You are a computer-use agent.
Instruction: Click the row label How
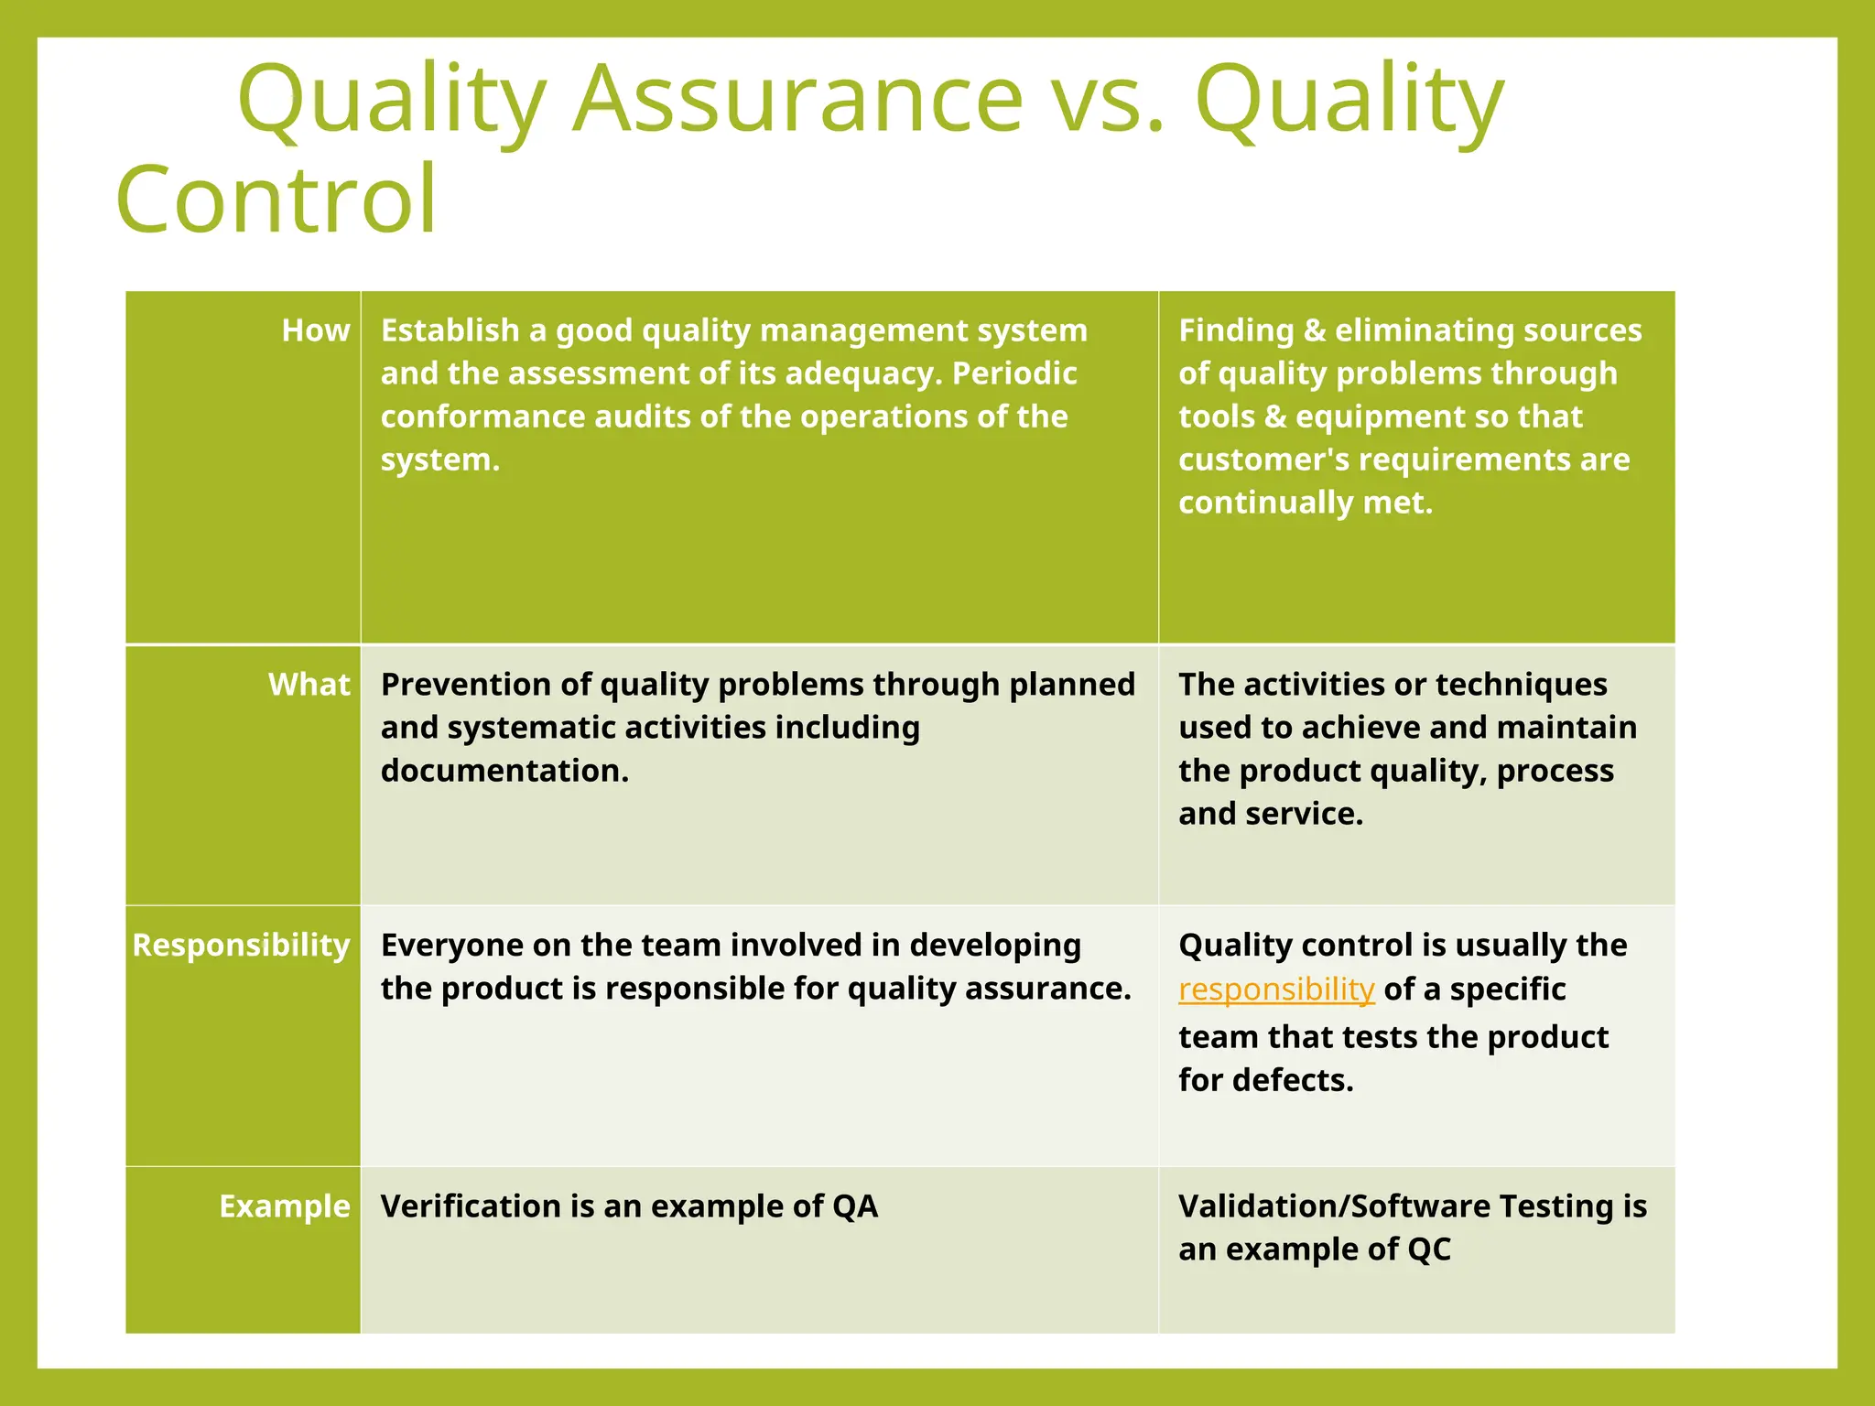click(x=315, y=330)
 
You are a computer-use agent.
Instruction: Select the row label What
click(x=309, y=685)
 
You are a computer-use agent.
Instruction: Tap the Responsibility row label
click(x=241, y=945)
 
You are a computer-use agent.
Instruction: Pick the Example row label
click(x=284, y=1206)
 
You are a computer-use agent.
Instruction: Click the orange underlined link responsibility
click(x=1276, y=990)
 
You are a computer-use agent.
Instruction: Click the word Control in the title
click(x=276, y=200)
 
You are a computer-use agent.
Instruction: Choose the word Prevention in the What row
click(x=469, y=685)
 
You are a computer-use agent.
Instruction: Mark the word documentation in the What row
click(x=504, y=771)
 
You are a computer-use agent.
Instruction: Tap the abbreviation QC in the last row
click(x=1429, y=1249)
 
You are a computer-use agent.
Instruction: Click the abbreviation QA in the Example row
click(x=855, y=1206)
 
